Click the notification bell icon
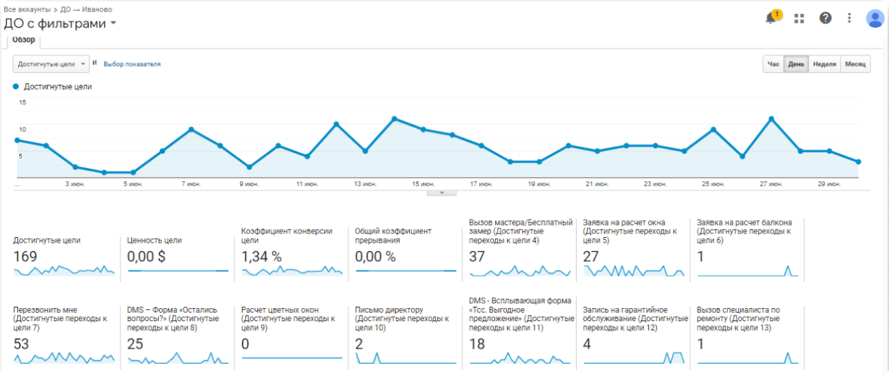coord(771,19)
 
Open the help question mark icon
coord(825,18)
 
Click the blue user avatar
coord(875,18)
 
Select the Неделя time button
coord(824,64)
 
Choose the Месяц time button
coord(855,64)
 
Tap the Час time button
coord(773,64)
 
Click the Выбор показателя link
coord(132,64)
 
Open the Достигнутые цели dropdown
coord(52,64)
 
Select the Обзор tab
coord(24,40)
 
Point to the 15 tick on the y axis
coord(22,103)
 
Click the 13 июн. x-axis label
coord(366,184)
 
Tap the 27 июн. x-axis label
coord(771,184)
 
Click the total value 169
coord(25,256)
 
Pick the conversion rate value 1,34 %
coord(261,256)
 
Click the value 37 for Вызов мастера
coord(477,256)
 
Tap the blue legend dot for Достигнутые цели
coord(16,87)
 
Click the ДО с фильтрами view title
coord(55,23)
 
